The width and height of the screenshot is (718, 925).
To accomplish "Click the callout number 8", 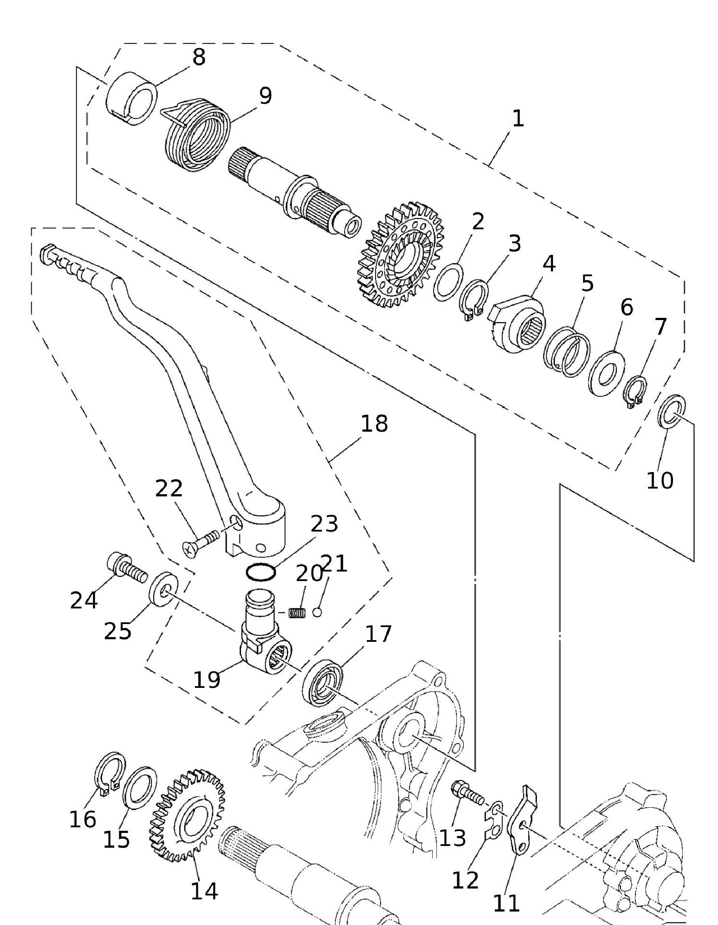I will tap(198, 57).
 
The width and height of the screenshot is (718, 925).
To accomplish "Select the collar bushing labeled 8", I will tap(132, 100).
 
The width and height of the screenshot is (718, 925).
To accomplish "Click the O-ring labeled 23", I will tap(260, 572).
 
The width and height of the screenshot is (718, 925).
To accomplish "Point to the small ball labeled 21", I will tap(317, 612).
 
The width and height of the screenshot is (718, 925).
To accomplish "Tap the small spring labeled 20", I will tap(298, 613).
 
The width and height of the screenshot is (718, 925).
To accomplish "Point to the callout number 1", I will tap(518, 119).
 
